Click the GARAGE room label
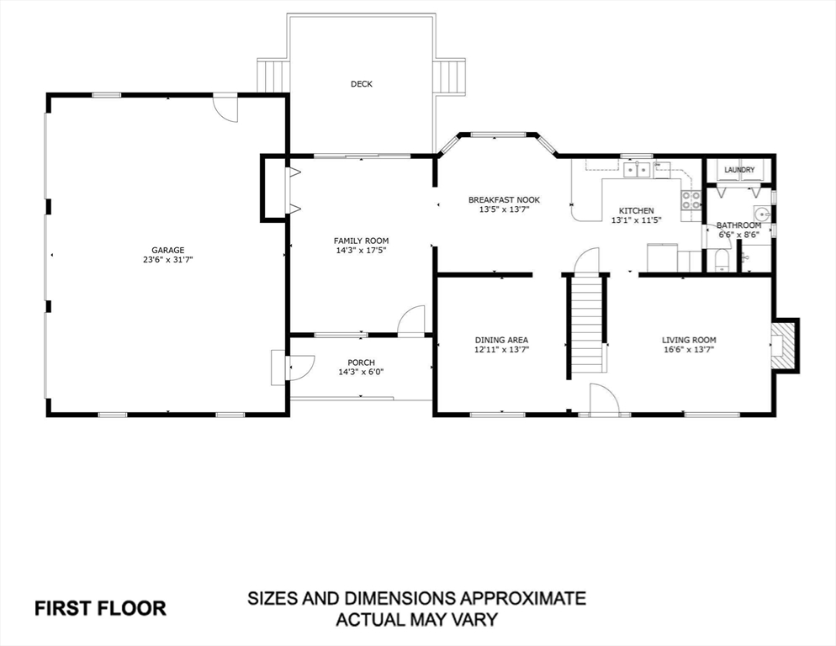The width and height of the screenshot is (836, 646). [x=167, y=250]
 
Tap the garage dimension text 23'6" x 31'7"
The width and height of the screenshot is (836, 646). [x=167, y=261]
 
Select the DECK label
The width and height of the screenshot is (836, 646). [x=362, y=84]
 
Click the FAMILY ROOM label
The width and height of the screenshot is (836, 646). [x=361, y=241]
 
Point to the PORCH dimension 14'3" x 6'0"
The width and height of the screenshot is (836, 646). [x=357, y=373]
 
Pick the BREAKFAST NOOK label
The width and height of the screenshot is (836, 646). [x=504, y=199]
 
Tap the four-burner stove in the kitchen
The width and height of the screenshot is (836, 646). [x=691, y=200]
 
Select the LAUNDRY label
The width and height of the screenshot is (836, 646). [x=739, y=170]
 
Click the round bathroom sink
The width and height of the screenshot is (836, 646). [x=762, y=212]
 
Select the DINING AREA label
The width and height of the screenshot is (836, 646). [x=502, y=340]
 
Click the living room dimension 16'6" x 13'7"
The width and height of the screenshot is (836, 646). [x=689, y=350]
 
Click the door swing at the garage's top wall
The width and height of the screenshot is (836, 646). [x=225, y=107]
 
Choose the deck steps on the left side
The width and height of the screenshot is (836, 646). [x=272, y=76]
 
